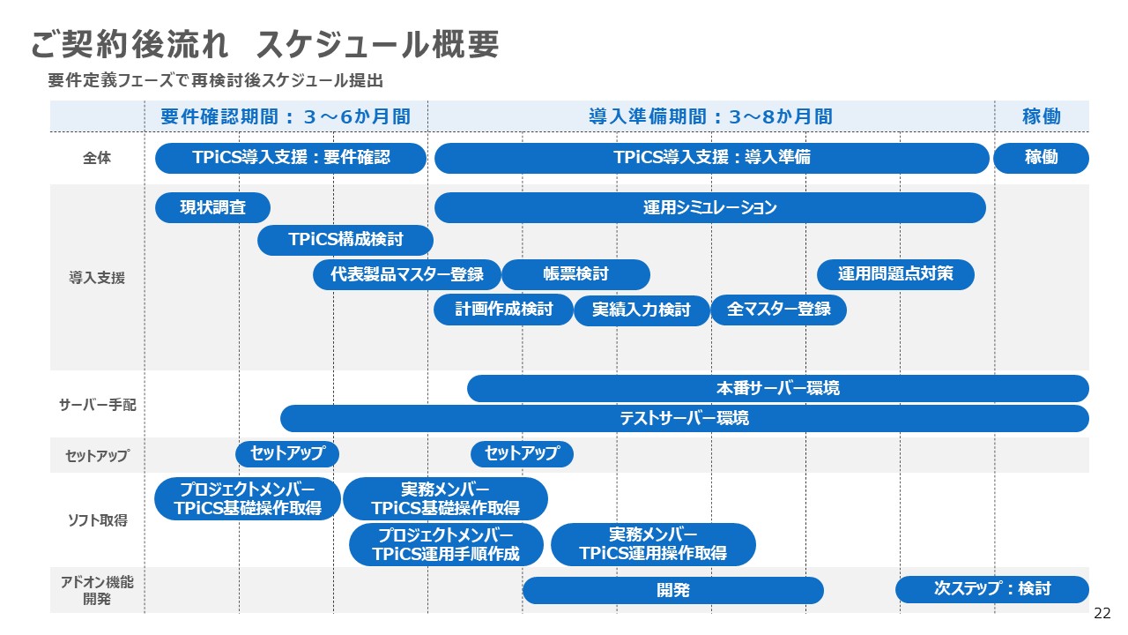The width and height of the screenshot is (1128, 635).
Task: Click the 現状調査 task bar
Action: tap(212, 208)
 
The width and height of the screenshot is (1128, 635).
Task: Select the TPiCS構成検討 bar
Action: tap(345, 240)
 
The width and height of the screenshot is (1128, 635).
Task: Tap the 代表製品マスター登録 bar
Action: tap(406, 274)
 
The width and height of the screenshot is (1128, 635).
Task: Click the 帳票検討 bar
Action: tap(575, 274)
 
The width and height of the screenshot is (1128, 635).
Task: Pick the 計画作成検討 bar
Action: tap(503, 310)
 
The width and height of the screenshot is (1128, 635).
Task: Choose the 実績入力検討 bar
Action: tap(642, 310)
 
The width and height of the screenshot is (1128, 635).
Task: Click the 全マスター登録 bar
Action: tap(778, 310)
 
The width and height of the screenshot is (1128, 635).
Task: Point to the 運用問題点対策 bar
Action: tap(895, 274)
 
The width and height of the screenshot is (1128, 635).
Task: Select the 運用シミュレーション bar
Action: tap(709, 208)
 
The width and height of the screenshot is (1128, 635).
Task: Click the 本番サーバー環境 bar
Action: tap(777, 388)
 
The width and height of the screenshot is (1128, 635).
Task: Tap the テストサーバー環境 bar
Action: tap(685, 418)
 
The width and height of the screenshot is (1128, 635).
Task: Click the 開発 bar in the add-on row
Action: tap(673, 591)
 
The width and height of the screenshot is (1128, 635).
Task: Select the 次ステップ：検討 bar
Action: tap(992, 589)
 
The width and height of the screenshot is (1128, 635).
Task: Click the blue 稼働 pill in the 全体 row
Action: tap(1041, 158)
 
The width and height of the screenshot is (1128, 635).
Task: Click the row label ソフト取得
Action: tap(97, 520)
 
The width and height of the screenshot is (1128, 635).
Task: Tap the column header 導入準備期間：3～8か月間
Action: tap(710, 116)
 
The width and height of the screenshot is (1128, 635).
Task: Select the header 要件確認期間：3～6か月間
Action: tap(286, 116)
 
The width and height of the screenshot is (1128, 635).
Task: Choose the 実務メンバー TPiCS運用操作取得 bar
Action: tap(653, 544)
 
